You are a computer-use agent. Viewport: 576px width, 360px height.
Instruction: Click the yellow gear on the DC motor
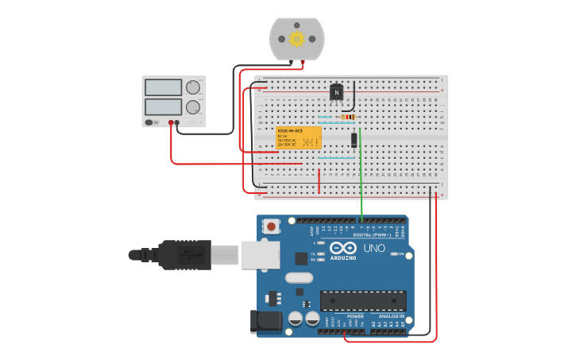pyautogui.click(x=297, y=38)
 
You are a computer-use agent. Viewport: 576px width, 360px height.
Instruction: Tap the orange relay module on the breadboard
pyautogui.click(x=299, y=137)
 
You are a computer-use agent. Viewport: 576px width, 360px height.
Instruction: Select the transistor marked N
pyautogui.click(x=337, y=93)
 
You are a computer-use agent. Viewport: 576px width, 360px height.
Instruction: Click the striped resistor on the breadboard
pyautogui.click(x=347, y=117)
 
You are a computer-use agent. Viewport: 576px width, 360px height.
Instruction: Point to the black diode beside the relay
pyautogui.click(x=354, y=140)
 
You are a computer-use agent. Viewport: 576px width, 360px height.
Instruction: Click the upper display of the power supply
pyautogui.click(x=164, y=87)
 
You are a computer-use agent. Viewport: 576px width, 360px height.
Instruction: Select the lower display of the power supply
pyautogui.click(x=164, y=106)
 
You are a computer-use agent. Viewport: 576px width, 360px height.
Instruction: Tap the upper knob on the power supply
pyautogui.click(x=193, y=87)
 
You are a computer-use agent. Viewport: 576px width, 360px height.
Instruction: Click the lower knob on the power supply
pyautogui.click(x=193, y=106)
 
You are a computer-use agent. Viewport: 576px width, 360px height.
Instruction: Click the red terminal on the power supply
pyautogui.click(x=171, y=123)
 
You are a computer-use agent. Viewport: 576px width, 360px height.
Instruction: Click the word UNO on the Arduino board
pyautogui.click(x=374, y=248)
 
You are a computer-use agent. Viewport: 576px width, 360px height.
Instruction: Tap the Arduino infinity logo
pyautogui.click(x=343, y=248)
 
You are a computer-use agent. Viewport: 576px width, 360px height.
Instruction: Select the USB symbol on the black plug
pyautogui.click(x=184, y=255)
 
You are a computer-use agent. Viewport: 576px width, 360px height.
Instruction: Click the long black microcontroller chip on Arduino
pyautogui.click(x=363, y=300)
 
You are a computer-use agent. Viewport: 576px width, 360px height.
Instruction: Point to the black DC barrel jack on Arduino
pyautogui.click(x=265, y=320)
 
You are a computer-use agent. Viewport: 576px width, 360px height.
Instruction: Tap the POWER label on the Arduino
pyautogui.click(x=355, y=315)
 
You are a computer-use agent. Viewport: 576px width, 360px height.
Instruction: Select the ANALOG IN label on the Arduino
pyautogui.click(x=391, y=315)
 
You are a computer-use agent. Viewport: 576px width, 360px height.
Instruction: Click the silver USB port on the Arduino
pyautogui.click(x=260, y=255)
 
